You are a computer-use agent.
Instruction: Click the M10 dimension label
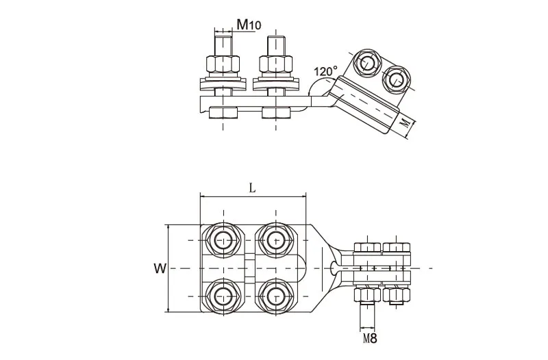pyautogui.click(x=249, y=25)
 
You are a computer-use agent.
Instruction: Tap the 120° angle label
pyautogui.click(x=325, y=72)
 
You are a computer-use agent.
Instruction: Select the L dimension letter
pyautogui.click(x=252, y=188)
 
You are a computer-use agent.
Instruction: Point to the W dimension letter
pyautogui.click(x=160, y=268)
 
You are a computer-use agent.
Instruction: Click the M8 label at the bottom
pyautogui.click(x=370, y=338)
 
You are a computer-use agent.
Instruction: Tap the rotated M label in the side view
pyautogui.click(x=405, y=123)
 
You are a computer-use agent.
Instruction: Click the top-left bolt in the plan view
pyautogui.click(x=223, y=240)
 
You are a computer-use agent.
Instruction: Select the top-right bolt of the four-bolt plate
pyautogui.click(x=276, y=240)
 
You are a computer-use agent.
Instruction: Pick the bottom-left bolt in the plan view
pyautogui.click(x=223, y=296)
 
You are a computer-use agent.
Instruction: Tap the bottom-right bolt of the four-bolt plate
pyautogui.click(x=276, y=296)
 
